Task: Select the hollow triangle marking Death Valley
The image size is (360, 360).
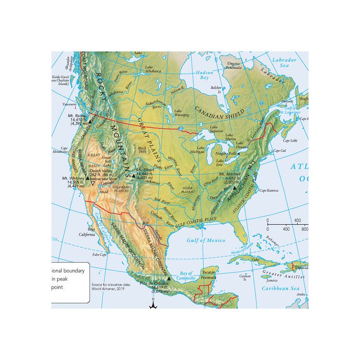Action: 93,183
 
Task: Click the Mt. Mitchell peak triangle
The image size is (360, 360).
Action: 235,189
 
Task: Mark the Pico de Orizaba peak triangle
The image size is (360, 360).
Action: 168,278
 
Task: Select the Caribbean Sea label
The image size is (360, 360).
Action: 280,289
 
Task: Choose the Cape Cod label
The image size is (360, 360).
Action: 280,151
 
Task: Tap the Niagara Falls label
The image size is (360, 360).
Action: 227,153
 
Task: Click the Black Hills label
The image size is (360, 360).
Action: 143,150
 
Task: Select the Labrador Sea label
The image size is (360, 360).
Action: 284,63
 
